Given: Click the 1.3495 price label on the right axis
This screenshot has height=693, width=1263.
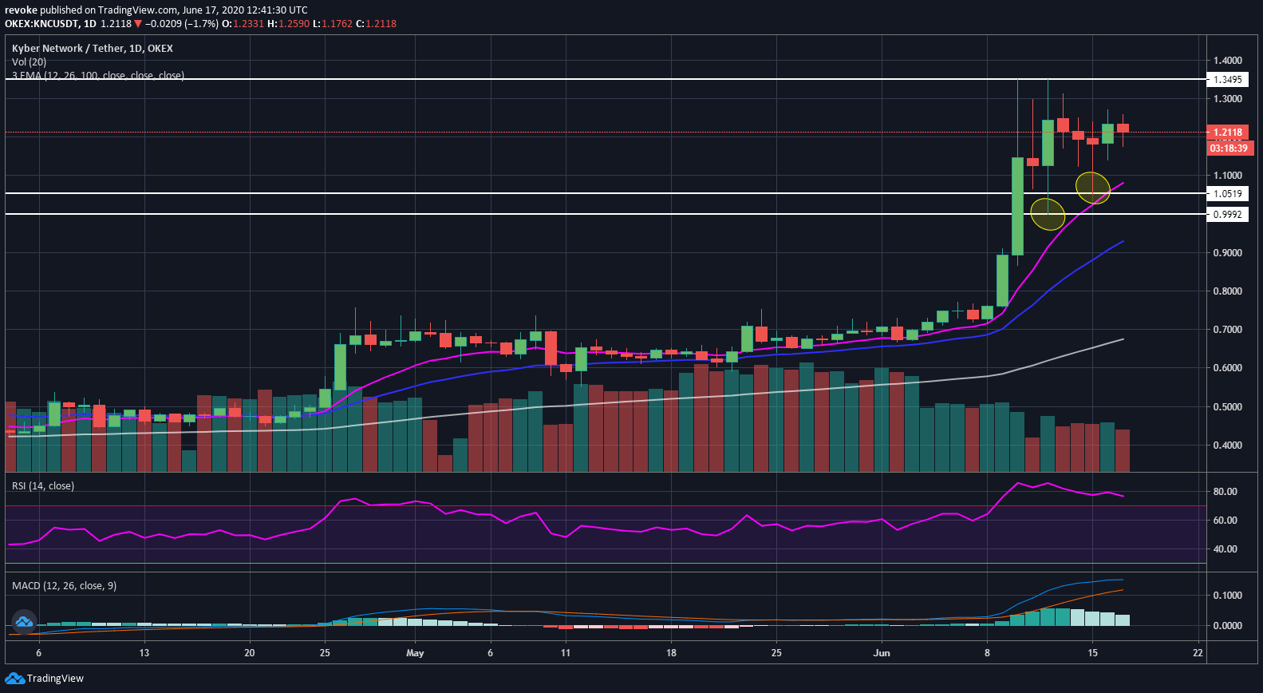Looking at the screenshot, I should coord(1227,80).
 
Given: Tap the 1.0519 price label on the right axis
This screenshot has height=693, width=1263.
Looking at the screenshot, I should coord(1227,194).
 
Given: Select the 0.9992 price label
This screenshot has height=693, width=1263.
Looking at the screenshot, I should coord(1227,215).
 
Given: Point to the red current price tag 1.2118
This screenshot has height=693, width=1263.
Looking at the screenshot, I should coord(1228,133).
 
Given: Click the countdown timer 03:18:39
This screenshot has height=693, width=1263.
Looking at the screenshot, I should coord(1228,148).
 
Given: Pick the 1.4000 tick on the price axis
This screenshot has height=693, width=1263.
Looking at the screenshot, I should coord(1227,61).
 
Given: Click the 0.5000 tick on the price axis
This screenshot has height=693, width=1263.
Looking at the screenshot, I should coord(1227,407).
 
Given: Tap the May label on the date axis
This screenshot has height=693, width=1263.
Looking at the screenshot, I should coord(415,653).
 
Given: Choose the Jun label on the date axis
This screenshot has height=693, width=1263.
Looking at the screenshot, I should coord(882,653).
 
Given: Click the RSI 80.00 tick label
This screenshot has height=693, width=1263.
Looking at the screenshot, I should coord(1225,492).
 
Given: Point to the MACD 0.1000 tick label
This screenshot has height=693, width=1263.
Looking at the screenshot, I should coord(1227,596).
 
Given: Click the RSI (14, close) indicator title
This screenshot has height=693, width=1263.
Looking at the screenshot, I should coord(43,486).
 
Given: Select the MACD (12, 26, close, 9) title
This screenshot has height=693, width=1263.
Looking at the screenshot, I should coord(64,586).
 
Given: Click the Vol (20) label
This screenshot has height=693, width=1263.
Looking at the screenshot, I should coord(29,62).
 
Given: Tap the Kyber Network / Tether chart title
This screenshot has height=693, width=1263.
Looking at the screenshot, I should coord(92,49).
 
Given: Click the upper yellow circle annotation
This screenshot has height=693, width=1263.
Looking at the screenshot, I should coord(1092,188).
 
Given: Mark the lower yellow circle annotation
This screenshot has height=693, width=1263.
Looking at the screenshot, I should coord(1048,214).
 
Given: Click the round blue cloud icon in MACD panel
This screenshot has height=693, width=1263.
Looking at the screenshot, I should coord(23,621).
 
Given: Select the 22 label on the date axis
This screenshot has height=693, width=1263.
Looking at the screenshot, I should coord(1198,653).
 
